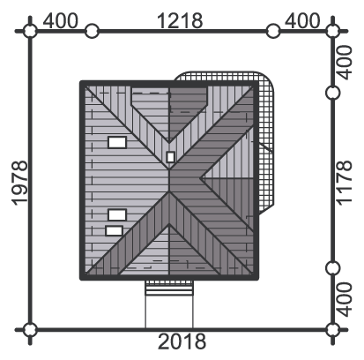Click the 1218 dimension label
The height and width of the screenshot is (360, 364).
click(x=180, y=20)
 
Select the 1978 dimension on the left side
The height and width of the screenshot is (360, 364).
click(x=20, y=183)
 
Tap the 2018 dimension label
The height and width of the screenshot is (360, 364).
click(x=182, y=341)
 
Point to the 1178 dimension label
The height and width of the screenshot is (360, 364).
click(x=344, y=183)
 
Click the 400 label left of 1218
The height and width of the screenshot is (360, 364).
click(x=61, y=20)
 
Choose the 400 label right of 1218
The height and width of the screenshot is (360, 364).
click(x=302, y=20)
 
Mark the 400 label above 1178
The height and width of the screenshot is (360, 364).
click(x=344, y=63)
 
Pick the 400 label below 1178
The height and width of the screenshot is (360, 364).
click(x=344, y=299)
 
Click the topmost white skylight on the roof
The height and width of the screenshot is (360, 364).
click(x=117, y=142)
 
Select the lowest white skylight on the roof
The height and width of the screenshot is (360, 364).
click(x=114, y=231)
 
